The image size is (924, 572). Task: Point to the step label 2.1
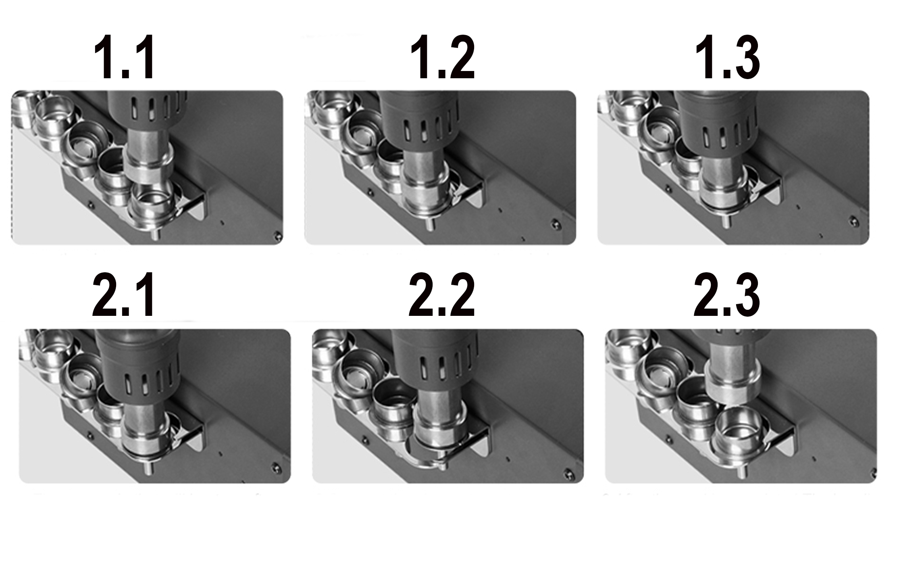click(x=123, y=295)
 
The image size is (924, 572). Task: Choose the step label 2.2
click(x=442, y=295)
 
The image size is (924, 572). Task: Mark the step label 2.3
click(x=727, y=295)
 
